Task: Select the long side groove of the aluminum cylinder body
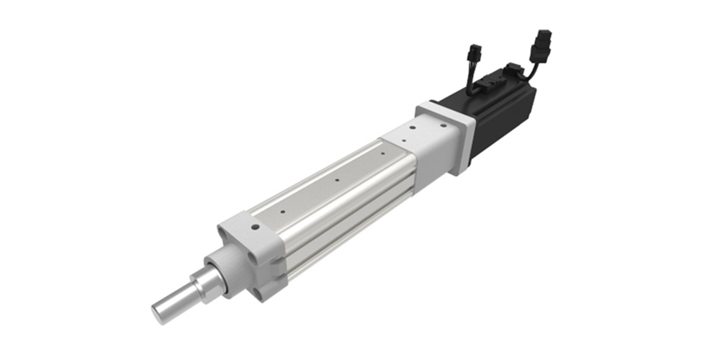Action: point(346,216)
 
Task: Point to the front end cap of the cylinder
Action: point(245,252)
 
